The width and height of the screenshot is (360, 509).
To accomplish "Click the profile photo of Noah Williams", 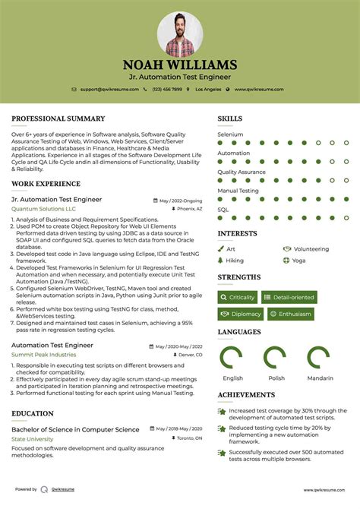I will [180, 33].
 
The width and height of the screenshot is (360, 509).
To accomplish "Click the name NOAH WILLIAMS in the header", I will [180, 65].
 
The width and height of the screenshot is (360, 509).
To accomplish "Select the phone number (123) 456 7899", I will [166, 90].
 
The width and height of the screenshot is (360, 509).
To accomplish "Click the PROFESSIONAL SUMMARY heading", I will [58, 119].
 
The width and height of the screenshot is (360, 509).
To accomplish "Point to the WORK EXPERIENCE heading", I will [46, 184].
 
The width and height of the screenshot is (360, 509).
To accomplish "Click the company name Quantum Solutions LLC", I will [43, 209].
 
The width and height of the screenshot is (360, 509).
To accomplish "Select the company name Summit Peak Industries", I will [43, 355].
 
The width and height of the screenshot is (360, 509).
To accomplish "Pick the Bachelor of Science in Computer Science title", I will [75, 430].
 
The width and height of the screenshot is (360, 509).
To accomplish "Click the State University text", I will [33, 439].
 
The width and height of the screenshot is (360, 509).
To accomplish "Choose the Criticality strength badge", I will [238, 297].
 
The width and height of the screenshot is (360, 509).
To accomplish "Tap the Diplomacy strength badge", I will [242, 314].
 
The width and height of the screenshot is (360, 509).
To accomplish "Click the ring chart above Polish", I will [276, 358].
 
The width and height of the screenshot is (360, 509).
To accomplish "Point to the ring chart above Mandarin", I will [319, 358].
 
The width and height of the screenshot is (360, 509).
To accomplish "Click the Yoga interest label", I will [298, 261].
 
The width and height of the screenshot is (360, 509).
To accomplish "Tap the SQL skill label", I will [223, 210].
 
